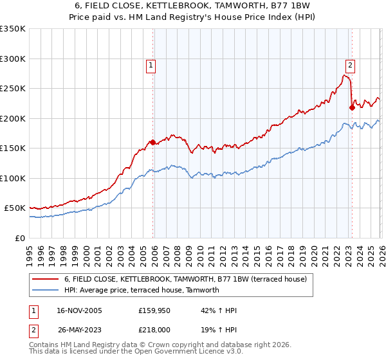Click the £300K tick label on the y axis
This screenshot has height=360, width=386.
[12, 59]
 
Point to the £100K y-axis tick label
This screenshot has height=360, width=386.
[12, 178]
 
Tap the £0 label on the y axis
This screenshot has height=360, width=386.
[19, 238]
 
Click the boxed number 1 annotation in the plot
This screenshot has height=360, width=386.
[150, 64]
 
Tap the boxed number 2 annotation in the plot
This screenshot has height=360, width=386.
[350, 64]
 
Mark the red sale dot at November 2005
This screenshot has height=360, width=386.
[152, 142]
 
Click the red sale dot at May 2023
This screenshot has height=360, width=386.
[352, 107]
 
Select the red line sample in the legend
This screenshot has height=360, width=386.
[46, 279]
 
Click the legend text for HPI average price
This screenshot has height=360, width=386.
[142, 290]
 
